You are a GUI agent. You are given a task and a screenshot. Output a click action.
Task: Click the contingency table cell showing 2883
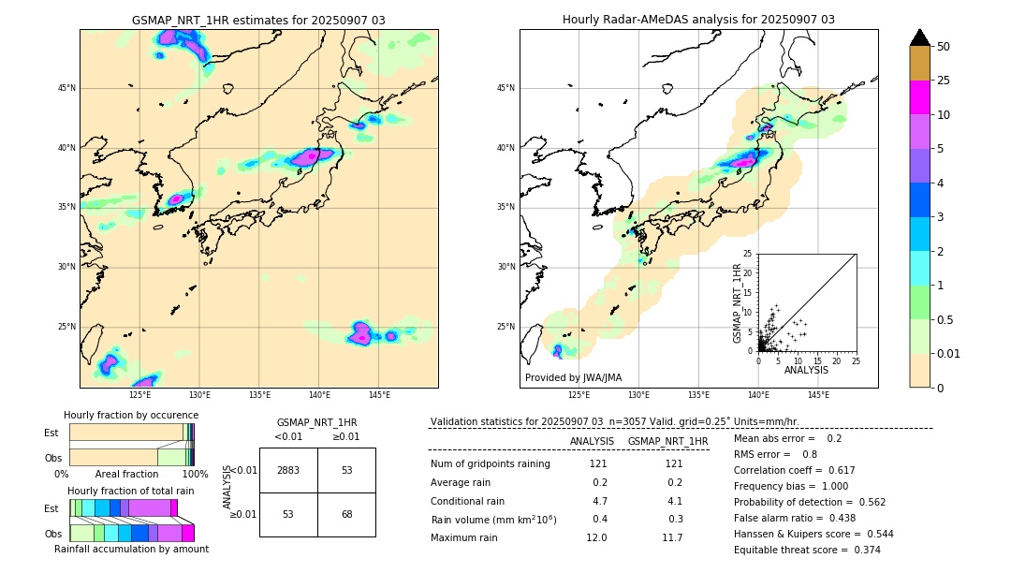288,470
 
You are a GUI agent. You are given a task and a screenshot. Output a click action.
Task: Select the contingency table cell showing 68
346,514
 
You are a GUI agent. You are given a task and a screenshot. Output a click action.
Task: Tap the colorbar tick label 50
944,47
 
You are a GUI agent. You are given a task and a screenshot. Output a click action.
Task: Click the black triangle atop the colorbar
920,37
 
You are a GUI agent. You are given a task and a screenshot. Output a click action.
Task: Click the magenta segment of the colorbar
920,97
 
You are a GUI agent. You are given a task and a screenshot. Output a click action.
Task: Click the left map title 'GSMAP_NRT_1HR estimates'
258,20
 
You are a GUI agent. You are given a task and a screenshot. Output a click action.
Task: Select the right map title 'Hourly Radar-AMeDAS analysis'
698,20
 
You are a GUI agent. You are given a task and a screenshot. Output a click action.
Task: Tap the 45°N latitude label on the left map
66,88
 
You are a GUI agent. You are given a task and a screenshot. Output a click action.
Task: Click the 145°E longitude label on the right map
818,395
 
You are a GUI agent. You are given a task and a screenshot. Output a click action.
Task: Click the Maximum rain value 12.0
597,537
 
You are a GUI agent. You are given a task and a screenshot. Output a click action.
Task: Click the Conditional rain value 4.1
672,501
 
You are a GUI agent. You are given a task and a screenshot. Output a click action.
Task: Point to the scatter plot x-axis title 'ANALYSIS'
805,370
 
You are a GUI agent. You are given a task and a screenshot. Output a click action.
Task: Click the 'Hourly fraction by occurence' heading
131,415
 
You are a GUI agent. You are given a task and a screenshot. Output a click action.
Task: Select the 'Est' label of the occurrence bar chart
51,433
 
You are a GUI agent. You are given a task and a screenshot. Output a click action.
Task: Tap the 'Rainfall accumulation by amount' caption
131,550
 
